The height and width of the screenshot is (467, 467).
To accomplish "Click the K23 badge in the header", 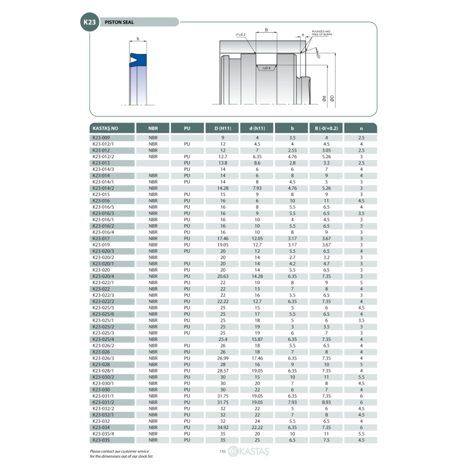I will [x=89, y=22].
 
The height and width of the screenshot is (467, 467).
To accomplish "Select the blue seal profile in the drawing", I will [x=138, y=59].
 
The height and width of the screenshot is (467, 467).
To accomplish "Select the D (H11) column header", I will [x=222, y=127].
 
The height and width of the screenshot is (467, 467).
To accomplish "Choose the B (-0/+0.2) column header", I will [x=326, y=127].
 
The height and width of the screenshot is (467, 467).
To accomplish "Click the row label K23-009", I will [x=101, y=137].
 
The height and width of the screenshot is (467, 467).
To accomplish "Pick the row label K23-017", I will [x=101, y=238].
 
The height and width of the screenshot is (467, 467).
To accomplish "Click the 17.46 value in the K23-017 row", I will [x=222, y=238].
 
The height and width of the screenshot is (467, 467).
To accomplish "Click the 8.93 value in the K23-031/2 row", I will [x=326, y=402].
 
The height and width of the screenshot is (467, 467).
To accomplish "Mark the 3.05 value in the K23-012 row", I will [x=326, y=150].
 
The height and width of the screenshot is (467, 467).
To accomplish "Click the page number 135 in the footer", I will [x=222, y=451].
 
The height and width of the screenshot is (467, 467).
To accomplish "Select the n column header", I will [x=361, y=127].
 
